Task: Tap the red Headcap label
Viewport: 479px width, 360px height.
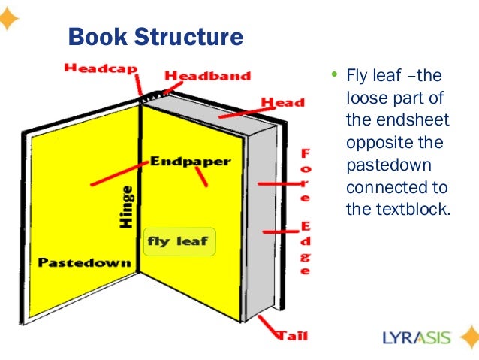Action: pyautogui.click(x=101, y=68)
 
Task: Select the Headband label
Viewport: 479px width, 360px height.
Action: pyautogui.click(x=207, y=76)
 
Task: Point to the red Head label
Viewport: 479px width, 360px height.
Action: pyautogui.click(x=282, y=101)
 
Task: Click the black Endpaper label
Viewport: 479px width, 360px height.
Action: pyautogui.click(x=191, y=161)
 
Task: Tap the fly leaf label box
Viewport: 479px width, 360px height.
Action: pyautogui.click(x=179, y=242)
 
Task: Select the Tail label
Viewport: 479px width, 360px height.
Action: pyautogui.click(x=292, y=335)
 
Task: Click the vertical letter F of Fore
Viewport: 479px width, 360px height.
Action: pyautogui.click(x=305, y=153)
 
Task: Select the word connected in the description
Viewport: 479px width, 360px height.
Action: pyautogui.click(x=386, y=186)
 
